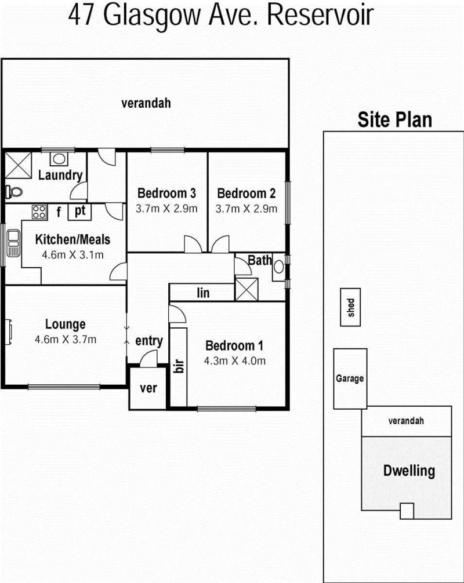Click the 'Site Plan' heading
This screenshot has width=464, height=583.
click(x=395, y=120)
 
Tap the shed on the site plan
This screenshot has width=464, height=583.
click(x=350, y=307)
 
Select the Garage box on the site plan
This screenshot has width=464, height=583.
click(x=350, y=378)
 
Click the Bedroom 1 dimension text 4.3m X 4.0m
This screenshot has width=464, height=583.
click(x=235, y=360)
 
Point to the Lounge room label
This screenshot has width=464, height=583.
click(x=66, y=324)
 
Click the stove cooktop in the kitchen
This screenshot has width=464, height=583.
click(x=39, y=212)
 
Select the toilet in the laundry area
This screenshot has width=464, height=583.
click(x=14, y=192)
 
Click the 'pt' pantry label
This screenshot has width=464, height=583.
click(x=80, y=212)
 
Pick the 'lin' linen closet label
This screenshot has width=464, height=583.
click(x=203, y=293)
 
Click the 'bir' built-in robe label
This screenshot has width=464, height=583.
click(x=179, y=366)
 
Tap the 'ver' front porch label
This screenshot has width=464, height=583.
click(x=148, y=388)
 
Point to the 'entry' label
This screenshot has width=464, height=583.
click(x=149, y=341)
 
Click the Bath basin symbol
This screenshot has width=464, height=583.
click(x=279, y=267)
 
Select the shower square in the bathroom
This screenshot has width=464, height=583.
click(x=246, y=289)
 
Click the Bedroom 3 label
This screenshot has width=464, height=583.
click(x=166, y=194)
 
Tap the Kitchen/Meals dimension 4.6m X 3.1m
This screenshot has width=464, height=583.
click(x=73, y=255)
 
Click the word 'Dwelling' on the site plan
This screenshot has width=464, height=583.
click(x=409, y=471)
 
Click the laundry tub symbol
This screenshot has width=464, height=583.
click(x=59, y=159)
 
